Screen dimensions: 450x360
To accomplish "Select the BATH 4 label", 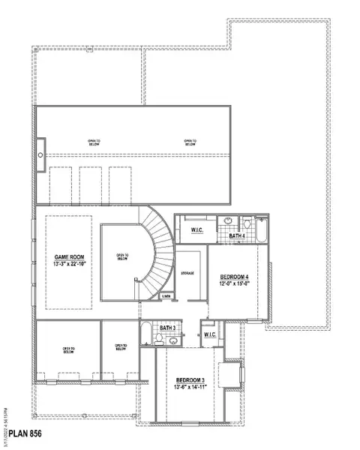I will [237, 236].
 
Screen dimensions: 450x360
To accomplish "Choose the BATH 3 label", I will [167, 328].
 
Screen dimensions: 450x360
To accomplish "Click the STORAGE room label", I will [187, 273].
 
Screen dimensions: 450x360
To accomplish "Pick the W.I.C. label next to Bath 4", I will [198, 229].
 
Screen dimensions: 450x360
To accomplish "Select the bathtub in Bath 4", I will [262, 229].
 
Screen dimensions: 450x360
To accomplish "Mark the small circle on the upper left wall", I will [40, 155].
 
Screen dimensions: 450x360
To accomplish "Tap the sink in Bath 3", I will [174, 340].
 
